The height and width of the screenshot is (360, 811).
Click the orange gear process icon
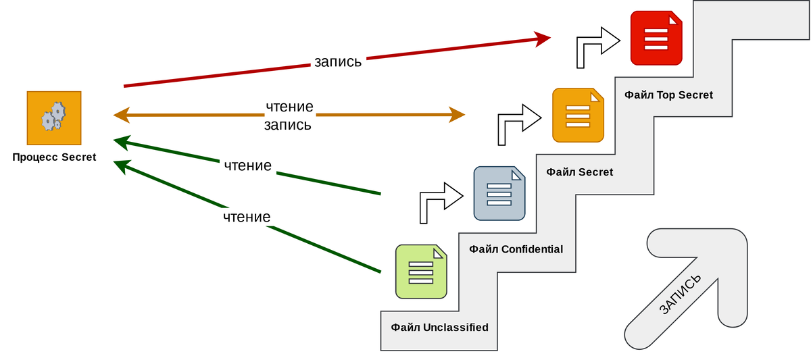tap(54, 118)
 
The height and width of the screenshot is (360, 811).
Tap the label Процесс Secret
tap(54, 157)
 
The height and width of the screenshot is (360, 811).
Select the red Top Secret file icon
tap(656, 38)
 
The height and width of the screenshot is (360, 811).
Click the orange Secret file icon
tap(578, 115)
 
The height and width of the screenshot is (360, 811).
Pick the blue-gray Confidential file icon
tap(499, 193)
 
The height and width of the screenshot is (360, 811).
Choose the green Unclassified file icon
tap(421, 272)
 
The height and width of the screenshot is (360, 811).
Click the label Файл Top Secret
tap(668, 95)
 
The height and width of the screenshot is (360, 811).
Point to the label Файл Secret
tap(580, 172)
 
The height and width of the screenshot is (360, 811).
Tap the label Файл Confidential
tap(516, 249)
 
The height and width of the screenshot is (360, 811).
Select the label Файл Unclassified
tap(439, 328)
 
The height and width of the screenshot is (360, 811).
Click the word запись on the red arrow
tap(338, 62)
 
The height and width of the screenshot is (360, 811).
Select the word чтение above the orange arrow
tap(290, 106)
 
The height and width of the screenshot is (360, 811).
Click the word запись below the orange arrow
tap(288, 125)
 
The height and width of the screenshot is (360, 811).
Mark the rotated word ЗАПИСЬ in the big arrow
tap(680, 294)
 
